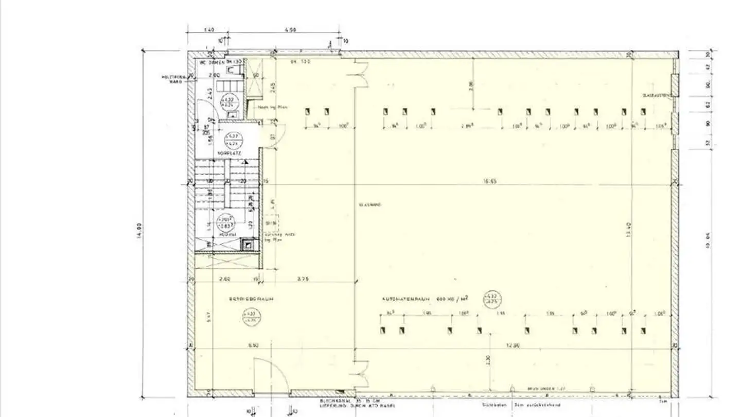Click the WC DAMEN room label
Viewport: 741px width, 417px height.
(213, 62)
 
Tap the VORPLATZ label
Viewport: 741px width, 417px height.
(226, 153)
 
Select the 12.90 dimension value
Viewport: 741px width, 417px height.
(513, 346)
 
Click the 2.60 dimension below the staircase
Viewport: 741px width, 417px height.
(225, 279)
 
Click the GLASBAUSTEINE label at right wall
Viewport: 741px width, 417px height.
(656, 96)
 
